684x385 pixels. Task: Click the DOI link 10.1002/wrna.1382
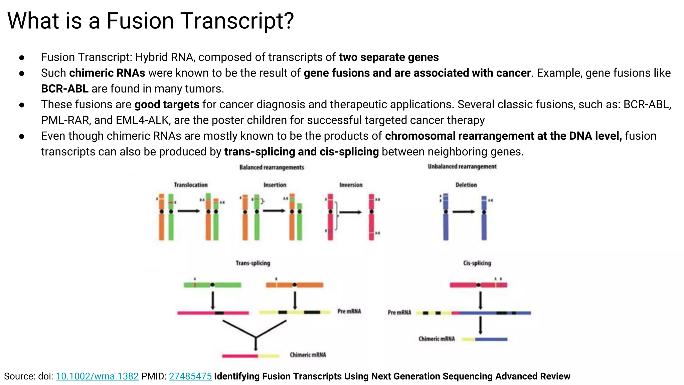pyautogui.click(x=97, y=376)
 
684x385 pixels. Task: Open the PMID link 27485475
pyautogui.click(x=190, y=376)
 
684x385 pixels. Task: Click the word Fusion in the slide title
pyautogui.click(x=140, y=21)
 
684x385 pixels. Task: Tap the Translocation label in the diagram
pyautogui.click(x=190, y=185)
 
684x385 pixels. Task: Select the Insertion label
pyautogui.click(x=275, y=185)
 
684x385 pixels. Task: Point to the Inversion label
pyautogui.click(x=350, y=185)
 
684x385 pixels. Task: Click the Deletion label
pyautogui.click(x=466, y=185)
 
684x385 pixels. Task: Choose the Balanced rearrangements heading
pyautogui.click(x=272, y=167)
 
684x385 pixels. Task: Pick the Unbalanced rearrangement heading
pyautogui.click(x=462, y=166)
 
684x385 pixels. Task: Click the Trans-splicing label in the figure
pyautogui.click(x=253, y=263)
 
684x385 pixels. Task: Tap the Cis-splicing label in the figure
pyautogui.click(x=477, y=263)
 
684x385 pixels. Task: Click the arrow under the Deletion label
pyautogui.click(x=464, y=212)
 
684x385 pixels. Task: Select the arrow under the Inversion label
pyautogui.click(x=350, y=212)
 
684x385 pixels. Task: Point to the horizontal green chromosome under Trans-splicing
pyautogui.click(x=212, y=285)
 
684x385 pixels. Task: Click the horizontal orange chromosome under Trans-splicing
pyautogui.click(x=294, y=285)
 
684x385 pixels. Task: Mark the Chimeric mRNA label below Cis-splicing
pyautogui.click(x=437, y=339)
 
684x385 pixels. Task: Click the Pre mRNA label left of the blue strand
pyautogui.click(x=399, y=312)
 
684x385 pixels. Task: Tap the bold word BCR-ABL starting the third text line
pyautogui.click(x=64, y=89)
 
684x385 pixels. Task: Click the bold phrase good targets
pyautogui.click(x=167, y=105)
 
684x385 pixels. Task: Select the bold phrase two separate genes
pyautogui.click(x=388, y=57)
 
